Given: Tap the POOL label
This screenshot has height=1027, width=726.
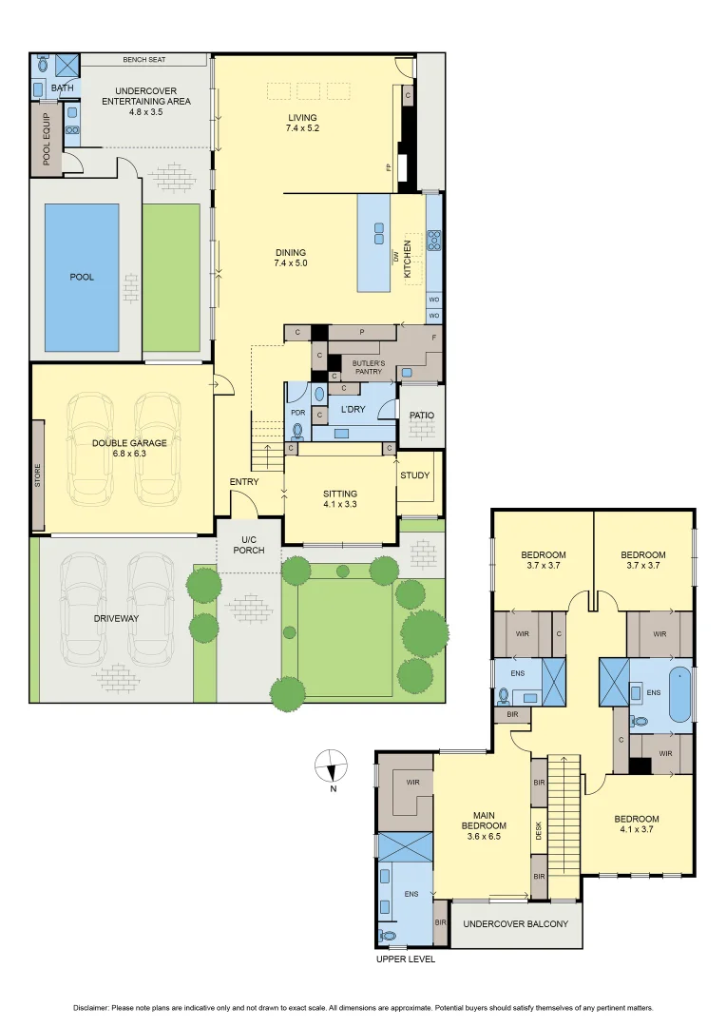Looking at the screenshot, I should [x=82, y=278].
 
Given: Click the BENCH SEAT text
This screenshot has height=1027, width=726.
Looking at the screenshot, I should [x=144, y=60].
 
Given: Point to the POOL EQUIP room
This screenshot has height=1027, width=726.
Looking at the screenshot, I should [x=45, y=140].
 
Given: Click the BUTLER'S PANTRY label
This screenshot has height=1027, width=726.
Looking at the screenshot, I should [x=369, y=367].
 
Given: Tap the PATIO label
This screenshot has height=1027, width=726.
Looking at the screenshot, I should [x=421, y=416].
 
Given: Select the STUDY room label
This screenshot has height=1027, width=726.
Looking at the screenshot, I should [x=414, y=475].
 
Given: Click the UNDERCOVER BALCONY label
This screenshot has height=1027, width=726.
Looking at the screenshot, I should [x=515, y=924].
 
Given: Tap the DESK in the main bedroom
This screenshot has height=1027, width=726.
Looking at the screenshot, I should [x=539, y=831].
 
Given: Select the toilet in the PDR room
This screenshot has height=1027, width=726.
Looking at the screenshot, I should [x=297, y=431].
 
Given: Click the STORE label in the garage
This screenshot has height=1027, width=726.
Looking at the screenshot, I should [x=38, y=475].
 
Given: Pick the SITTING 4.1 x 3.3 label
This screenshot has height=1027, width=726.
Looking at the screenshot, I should [x=339, y=499].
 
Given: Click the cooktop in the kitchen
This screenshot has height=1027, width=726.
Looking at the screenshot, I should [x=434, y=240].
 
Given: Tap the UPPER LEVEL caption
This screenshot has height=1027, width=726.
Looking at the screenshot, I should [x=406, y=959].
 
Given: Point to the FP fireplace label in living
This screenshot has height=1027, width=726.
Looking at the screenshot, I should [x=389, y=167].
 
